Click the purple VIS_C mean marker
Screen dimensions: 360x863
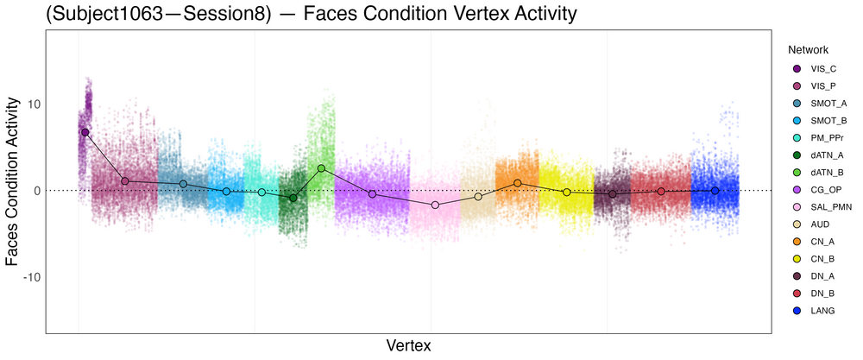click(85, 132)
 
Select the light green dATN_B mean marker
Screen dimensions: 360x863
click(321, 168)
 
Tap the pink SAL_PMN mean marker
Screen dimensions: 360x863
click(435, 205)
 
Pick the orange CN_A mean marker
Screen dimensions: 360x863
click(517, 183)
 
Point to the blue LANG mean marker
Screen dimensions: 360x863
click(715, 191)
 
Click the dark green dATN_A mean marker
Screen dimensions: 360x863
click(293, 198)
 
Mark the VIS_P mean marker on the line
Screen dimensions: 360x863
click(125, 181)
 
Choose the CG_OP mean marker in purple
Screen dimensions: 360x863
click(372, 194)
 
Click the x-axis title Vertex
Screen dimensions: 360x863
click(408, 345)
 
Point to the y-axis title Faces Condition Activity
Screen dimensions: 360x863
click(13, 181)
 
